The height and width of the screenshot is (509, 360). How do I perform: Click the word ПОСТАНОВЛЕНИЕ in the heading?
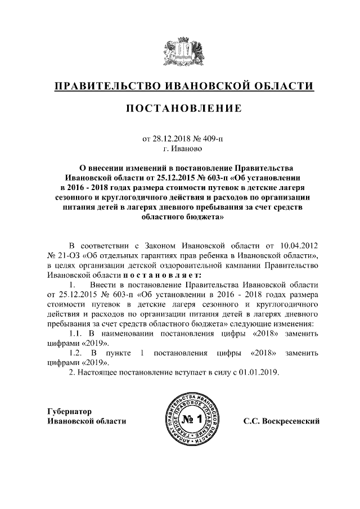pyautogui.click(x=179, y=107)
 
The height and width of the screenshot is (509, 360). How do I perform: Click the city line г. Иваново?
pyautogui.click(x=180, y=149)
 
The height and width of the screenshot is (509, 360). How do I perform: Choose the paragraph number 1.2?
pyautogui.click(x=76, y=353)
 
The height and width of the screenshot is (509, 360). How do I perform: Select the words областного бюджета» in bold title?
pyautogui.click(x=179, y=222)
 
